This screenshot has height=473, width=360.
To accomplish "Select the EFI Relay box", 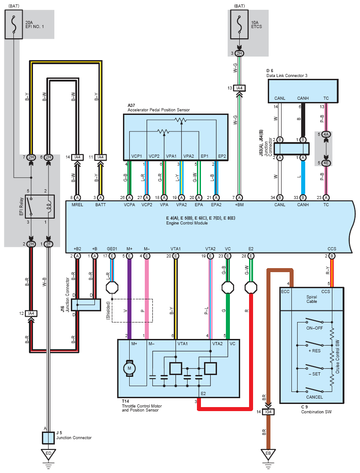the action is coord(40,206).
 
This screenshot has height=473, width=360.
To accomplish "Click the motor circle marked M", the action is coord(130,368).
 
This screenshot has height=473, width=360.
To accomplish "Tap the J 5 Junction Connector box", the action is coord(48,438).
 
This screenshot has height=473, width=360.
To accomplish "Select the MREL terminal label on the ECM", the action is coord(77,205).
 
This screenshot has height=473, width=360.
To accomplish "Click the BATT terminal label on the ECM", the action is coord(101,205).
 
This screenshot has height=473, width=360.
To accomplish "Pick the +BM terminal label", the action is coord(239,205).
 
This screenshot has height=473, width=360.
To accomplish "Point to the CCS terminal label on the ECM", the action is coord(332,249).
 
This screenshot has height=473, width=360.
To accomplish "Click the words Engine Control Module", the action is coord(187,223).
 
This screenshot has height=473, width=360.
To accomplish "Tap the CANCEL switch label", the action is coord(315,397).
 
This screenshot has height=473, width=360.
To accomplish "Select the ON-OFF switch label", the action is coord(315,328).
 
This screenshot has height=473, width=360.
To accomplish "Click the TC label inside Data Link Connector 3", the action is coord(326,98).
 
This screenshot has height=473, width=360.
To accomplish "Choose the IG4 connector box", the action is coord(268,412).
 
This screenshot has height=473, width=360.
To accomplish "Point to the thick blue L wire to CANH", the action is coord(303,178).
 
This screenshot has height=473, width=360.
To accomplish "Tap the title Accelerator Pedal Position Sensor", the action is coord(159,110).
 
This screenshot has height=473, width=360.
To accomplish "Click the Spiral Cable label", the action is coord(312,299).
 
